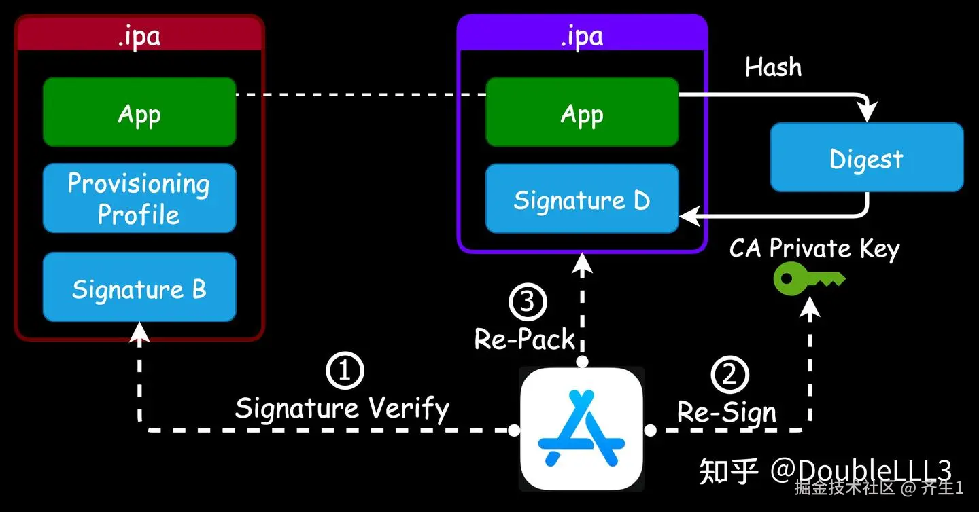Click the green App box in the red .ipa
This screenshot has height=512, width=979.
pyautogui.click(x=139, y=112)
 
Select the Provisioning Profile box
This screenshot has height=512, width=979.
pyautogui.click(x=139, y=198)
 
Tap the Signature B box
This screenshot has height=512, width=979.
pyautogui.click(x=139, y=287)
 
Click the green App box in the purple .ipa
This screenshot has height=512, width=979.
pyautogui.click(x=582, y=112)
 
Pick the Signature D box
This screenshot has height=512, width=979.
pyautogui.click(x=582, y=199)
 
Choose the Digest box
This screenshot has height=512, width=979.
pyautogui.click(x=867, y=158)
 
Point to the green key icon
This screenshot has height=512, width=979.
pyautogui.click(x=808, y=276)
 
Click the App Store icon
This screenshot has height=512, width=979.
pyautogui.click(x=581, y=428)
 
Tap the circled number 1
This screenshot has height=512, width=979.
pyautogui.click(x=345, y=370)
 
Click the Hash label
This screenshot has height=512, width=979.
pyautogui.click(x=774, y=67)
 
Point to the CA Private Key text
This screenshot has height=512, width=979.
pyautogui.click(x=814, y=249)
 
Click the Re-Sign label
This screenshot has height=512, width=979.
pyautogui.click(x=727, y=412)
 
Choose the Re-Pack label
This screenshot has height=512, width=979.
pyautogui.click(x=525, y=339)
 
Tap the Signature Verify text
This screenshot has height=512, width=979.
pyautogui.click(x=342, y=409)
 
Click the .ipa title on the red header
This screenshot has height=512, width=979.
pyautogui.click(x=139, y=35)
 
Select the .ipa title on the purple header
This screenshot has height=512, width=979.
pyautogui.click(x=582, y=35)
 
